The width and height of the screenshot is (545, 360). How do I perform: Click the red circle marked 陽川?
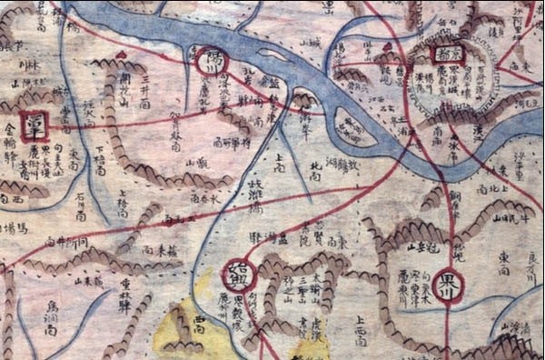coord(208,62)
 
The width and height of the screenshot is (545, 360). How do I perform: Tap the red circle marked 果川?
coord(446,282)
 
